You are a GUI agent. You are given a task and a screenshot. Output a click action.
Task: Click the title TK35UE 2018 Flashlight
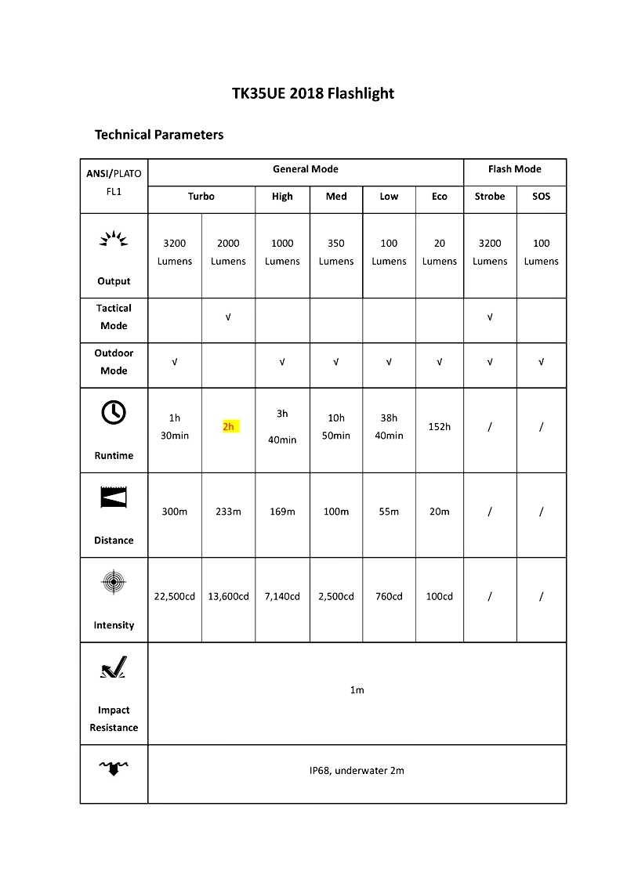313,94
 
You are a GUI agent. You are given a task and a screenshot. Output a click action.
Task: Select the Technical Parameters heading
159,135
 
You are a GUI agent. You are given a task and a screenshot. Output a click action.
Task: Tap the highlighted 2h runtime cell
229,426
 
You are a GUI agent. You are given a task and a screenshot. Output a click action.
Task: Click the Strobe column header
490,197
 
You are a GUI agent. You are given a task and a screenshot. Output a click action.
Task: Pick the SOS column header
542,197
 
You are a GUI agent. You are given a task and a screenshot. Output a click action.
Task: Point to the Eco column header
440,197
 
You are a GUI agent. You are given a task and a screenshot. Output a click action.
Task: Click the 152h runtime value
440,427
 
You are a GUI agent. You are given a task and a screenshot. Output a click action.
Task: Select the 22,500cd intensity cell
175,596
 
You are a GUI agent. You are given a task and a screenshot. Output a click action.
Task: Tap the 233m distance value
229,512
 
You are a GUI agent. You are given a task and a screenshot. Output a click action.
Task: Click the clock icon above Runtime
114,412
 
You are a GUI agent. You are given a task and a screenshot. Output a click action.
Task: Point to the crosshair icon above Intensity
114,582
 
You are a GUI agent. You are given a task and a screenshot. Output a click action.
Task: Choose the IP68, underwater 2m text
357,771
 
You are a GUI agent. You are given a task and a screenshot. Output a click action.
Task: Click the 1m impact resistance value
357,690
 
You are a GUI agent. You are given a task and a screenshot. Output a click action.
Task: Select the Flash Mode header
515,169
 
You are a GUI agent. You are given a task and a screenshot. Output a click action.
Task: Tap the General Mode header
306,169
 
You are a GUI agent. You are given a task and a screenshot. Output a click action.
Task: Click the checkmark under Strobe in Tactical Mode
490,317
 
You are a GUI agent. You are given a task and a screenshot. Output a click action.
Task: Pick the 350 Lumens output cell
336,252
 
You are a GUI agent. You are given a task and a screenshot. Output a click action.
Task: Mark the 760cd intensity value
389,596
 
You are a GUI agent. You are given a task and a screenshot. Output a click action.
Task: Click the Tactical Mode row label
114,317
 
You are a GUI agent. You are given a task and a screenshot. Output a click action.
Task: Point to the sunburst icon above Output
114,239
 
